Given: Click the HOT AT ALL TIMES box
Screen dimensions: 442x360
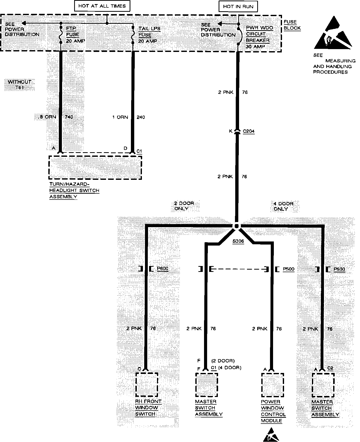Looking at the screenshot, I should pyautogui.click(x=102, y=6).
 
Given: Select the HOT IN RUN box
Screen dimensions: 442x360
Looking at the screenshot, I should pyautogui.click(x=238, y=6).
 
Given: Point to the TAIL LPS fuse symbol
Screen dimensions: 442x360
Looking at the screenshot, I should pyautogui.click(x=133, y=35).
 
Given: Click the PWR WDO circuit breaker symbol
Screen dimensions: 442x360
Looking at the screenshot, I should pyautogui.click(x=240, y=36).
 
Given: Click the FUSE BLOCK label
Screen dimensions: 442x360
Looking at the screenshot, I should pyautogui.click(x=292, y=25).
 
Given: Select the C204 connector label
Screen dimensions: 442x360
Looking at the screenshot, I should pyautogui.click(x=249, y=131).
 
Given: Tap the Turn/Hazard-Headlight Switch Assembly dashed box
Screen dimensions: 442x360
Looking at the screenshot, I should pyautogui.click(x=95, y=168).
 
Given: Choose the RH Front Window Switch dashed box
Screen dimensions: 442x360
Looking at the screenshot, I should pyautogui.click(x=147, y=384).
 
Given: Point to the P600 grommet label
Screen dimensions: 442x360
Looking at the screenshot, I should pyautogui.click(x=163, y=269).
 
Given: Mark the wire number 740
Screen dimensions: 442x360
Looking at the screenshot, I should pyautogui.click(x=69, y=117).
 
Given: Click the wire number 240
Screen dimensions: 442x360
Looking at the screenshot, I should pyautogui.click(x=141, y=117).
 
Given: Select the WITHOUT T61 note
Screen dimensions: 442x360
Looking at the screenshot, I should pyautogui.click(x=19, y=85).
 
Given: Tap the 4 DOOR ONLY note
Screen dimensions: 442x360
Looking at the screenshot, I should pyautogui.click(x=283, y=206).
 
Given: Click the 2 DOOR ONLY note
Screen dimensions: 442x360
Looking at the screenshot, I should pyautogui.click(x=184, y=206).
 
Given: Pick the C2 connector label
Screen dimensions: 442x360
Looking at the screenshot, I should pyautogui.click(x=330, y=368).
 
